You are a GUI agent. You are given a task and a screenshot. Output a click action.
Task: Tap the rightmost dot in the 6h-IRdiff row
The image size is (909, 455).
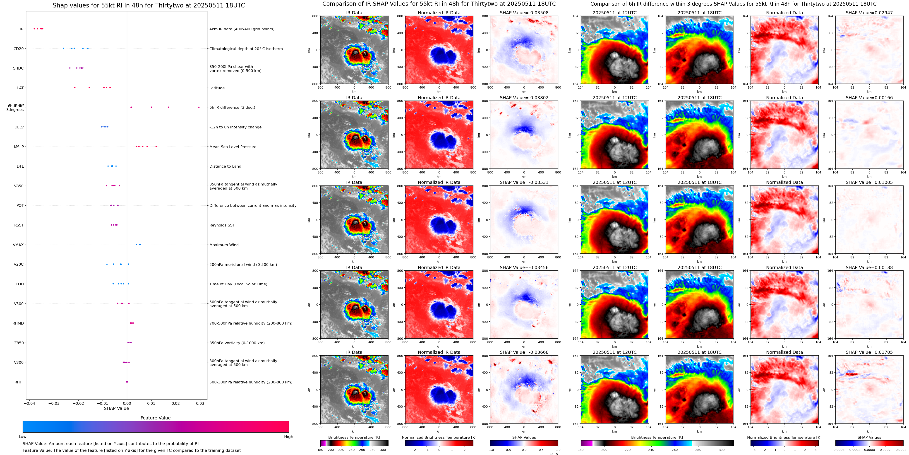pyautogui.click(x=199, y=107)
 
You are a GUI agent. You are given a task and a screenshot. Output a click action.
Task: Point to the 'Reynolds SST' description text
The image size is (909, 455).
pyautogui.click(x=222, y=225)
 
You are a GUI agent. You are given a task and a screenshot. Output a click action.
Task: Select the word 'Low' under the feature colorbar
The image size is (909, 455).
pyautogui.click(x=23, y=437)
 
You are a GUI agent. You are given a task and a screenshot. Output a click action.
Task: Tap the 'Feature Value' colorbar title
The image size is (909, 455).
pyautogui.click(x=155, y=418)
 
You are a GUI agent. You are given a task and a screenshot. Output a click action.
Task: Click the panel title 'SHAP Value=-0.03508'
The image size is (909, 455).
pyautogui.click(x=524, y=13)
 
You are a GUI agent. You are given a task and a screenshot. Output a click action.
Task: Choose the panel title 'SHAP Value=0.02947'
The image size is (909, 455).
pyautogui.click(x=869, y=13)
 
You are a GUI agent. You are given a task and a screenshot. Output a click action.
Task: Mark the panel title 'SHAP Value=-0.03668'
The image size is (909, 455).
pyautogui.click(x=524, y=352)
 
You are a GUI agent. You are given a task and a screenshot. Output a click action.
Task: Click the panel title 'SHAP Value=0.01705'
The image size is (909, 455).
pyautogui.click(x=869, y=352)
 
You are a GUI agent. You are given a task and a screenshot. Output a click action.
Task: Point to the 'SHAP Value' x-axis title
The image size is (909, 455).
pyautogui.click(x=116, y=408)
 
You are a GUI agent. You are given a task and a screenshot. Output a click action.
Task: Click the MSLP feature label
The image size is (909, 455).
pyautogui.click(x=19, y=147)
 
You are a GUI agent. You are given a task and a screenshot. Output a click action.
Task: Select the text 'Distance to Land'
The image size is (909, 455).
pyautogui.click(x=225, y=166)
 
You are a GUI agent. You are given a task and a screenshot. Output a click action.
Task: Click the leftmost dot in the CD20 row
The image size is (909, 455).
pyautogui.click(x=64, y=48)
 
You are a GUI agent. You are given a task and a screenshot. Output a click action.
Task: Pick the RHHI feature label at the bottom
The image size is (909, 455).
pyautogui.click(x=19, y=382)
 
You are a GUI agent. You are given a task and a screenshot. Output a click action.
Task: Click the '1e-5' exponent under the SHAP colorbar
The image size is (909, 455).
pyautogui.click(x=554, y=454)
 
